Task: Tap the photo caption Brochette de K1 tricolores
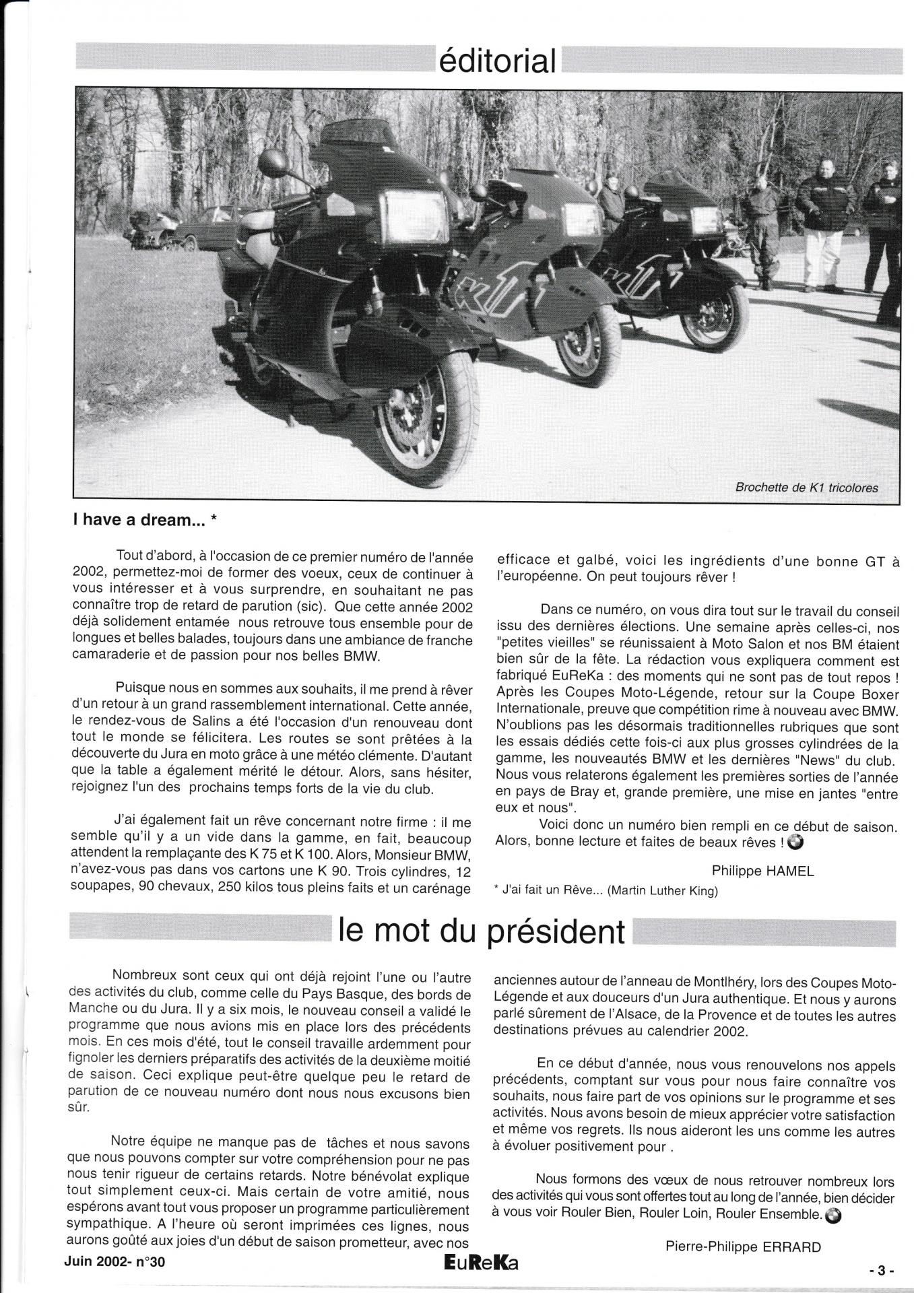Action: (808, 487)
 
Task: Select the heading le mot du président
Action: (482, 931)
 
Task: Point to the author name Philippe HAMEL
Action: (763, 871)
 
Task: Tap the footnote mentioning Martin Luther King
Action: (606, 891)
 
